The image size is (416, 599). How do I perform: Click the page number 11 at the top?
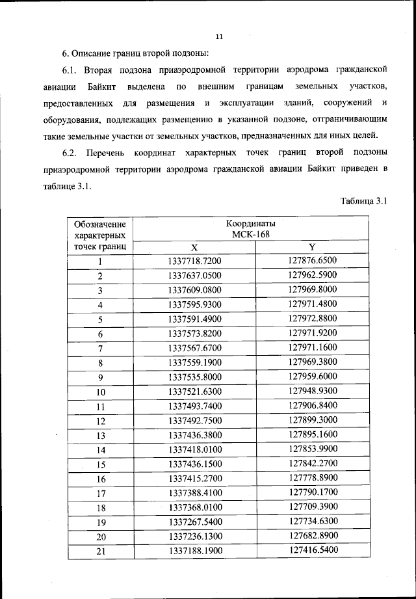(219, 36)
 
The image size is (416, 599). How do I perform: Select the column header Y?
(312, 247)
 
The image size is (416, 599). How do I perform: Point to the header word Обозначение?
(99, 223)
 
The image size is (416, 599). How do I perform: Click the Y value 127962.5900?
(312, 276)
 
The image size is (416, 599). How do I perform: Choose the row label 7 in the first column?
(101, 348)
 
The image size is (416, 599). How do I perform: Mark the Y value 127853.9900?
(312, 449)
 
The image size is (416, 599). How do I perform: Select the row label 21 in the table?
(101, 552)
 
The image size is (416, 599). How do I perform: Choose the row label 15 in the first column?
(101, 464)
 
